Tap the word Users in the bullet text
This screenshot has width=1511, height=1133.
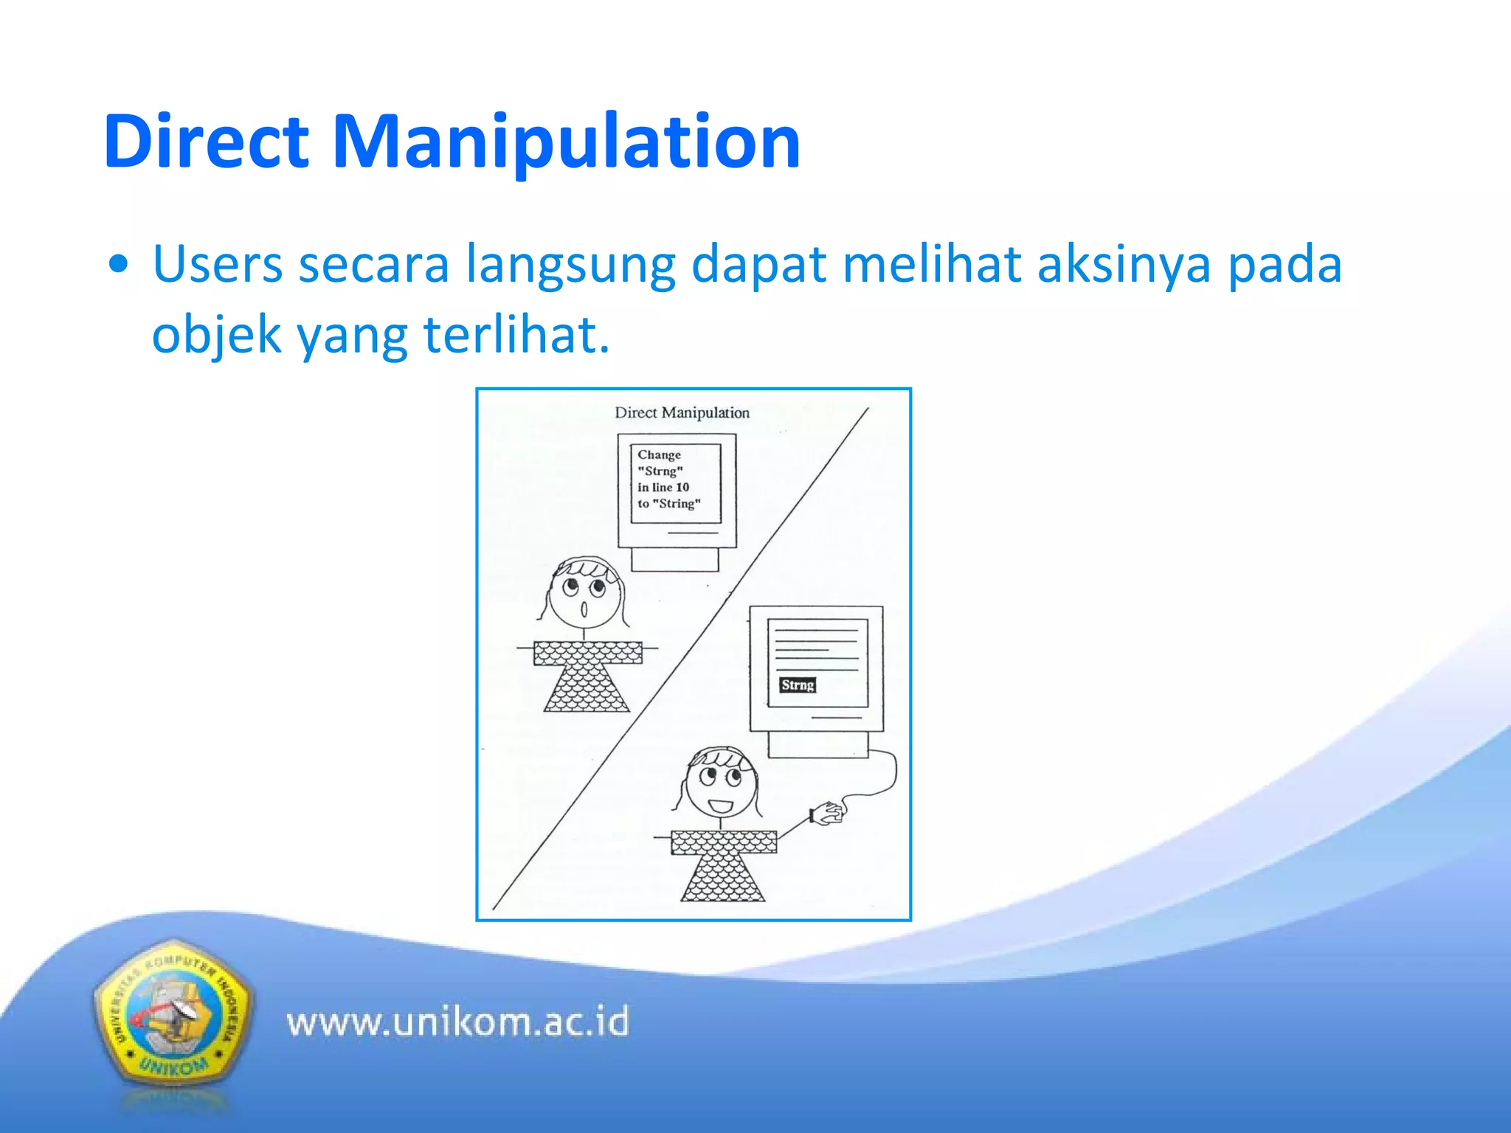[x=218, y=264]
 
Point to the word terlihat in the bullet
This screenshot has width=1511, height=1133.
[x=516, y=335]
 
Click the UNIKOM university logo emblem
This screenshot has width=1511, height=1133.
[x=172, y=1018]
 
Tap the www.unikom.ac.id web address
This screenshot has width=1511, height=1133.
[x=457, y=1022]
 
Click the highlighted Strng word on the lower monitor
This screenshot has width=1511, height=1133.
[x=798, y=685]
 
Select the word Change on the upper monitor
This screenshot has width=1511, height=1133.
[x=659, y=455]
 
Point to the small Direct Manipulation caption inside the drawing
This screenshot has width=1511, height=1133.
[x=682, y=413]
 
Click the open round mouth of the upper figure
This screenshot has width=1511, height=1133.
[x=584, y=609]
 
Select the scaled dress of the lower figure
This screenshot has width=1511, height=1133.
[x=723, y=866]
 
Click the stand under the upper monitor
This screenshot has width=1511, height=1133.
[x=674, y=559]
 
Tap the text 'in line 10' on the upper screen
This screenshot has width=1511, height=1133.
[x=663, y=488]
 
